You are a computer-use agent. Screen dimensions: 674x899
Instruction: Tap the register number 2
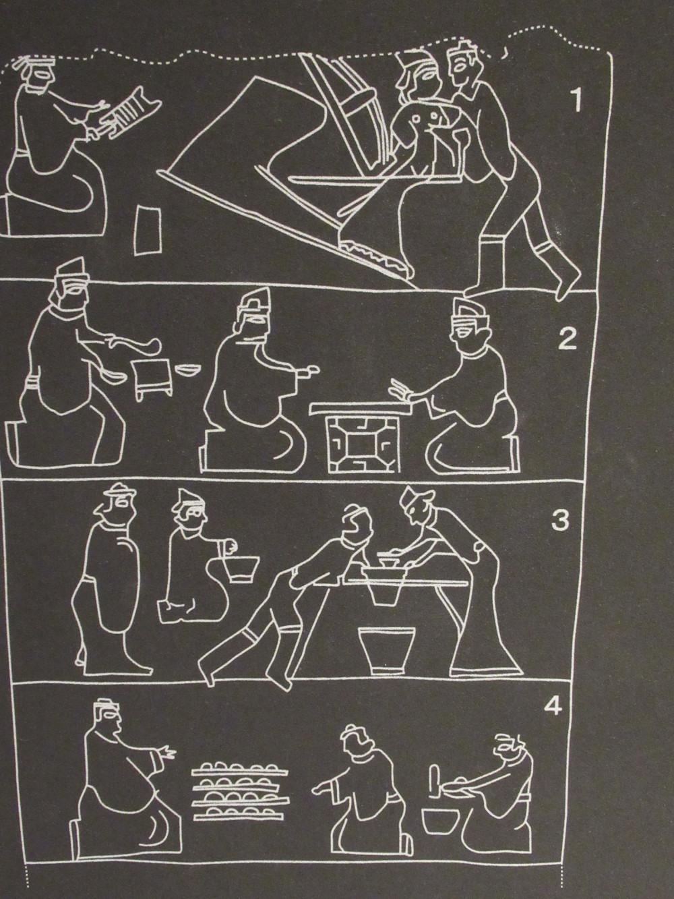click(568, 338)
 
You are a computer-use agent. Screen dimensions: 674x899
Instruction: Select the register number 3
click(561, 520)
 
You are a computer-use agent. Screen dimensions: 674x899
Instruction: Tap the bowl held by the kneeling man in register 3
click(242, 568)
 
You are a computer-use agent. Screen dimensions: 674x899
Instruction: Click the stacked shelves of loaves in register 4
click(241, 786)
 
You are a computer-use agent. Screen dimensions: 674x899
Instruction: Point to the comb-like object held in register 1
click(127, 111)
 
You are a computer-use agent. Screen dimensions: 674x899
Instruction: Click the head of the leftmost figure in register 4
click(108, 722)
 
